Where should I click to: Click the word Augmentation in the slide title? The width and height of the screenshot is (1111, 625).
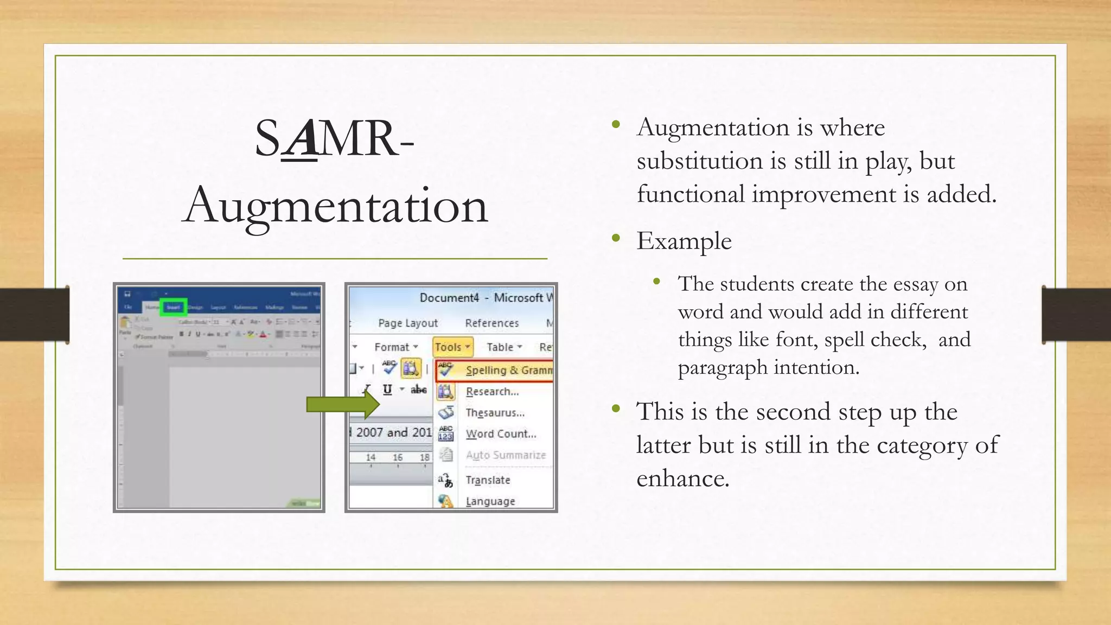335,206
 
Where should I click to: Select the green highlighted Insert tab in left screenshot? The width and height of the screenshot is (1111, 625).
174,307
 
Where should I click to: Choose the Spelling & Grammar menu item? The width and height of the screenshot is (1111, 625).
508,370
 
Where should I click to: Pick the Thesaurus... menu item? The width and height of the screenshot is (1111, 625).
494,413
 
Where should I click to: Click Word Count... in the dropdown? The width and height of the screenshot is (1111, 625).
500,434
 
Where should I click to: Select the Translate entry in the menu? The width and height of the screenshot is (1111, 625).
487,480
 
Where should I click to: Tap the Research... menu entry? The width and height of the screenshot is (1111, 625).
491,392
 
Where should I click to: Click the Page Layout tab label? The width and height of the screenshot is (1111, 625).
407,323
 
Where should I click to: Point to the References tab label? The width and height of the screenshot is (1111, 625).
491,323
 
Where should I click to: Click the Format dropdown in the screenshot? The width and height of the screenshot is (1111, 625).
395,347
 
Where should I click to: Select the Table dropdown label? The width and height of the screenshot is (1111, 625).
503,347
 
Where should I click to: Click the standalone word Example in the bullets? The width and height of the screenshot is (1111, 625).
684,241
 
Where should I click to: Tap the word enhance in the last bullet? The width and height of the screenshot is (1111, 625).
682,479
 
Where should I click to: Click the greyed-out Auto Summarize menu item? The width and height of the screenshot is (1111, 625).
505,455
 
